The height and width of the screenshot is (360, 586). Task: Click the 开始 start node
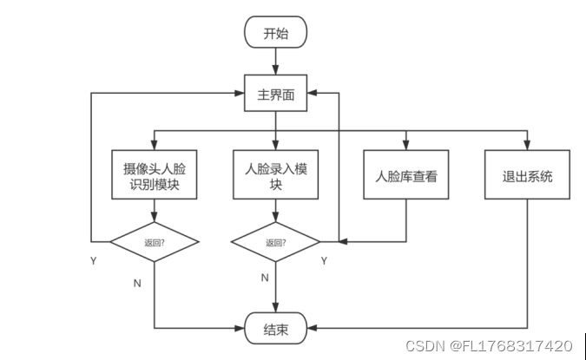tap(274, 33)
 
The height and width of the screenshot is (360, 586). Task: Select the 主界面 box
tap(275, 94)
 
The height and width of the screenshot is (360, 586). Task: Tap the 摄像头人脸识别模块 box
tap(153, 176)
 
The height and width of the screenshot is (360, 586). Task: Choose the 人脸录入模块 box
tap(275, 176)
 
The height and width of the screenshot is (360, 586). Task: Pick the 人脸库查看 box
tap(405, 177)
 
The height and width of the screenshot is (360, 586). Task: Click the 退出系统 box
tap(527, 177)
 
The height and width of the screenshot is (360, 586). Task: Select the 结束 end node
tap(274, 330)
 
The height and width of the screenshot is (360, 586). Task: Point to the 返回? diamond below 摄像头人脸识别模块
tap(155, 242)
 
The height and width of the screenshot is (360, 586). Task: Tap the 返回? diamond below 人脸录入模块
tap(275, 242)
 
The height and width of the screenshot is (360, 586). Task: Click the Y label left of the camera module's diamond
tap(93, 259)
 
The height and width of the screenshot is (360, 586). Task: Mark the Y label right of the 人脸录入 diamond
tap(324, 259)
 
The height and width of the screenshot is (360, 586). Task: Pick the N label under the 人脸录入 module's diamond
tap(264, 278)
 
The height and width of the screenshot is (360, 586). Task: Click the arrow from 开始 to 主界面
tap(275, 61)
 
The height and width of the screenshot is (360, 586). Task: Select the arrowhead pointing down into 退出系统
tap(527, 146)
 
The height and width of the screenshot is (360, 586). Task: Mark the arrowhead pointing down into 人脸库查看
tap(405, 146)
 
